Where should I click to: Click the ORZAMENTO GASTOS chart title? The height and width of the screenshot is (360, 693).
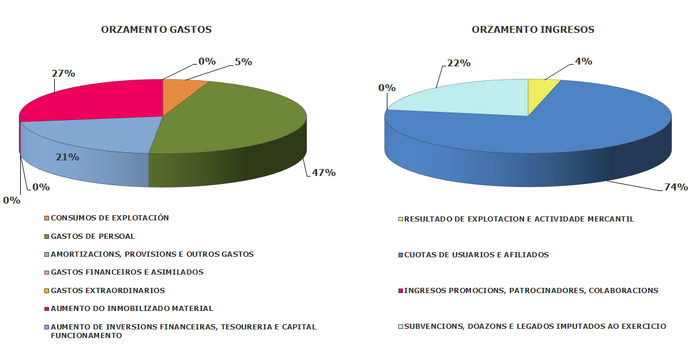(x=156, y=29)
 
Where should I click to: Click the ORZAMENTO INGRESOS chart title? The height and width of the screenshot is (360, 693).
(x=533, y=29)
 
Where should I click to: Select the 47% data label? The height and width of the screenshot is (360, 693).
(x=324, y=172)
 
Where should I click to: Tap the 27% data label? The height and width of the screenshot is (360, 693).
(x=64, y=73)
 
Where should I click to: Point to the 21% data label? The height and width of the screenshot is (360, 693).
(x=67, y=157)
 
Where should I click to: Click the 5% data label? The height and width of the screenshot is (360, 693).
(x=243, y=62)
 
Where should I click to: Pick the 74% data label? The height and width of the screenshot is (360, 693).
(x=676, y=187)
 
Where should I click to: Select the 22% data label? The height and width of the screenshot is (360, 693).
(x=459, y=63)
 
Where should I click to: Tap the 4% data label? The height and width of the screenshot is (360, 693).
(x=583, y=62)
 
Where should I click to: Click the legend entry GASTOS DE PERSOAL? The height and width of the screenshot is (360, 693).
(x=92, y=237)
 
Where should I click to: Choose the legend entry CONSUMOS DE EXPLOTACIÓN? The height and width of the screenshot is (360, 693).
(x=110, y=218)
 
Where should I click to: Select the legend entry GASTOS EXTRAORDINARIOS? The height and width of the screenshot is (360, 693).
(x=107, y=291)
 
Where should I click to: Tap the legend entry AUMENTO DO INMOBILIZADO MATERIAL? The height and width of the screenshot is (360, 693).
(x=131, y=309)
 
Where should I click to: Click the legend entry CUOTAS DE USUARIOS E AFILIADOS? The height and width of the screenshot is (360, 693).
(x=476, y=255)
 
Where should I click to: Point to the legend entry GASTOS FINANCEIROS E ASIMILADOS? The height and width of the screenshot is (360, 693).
(x=127, y=272)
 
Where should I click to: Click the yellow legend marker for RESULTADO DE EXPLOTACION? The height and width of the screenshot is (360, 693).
(x=401, y=219)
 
